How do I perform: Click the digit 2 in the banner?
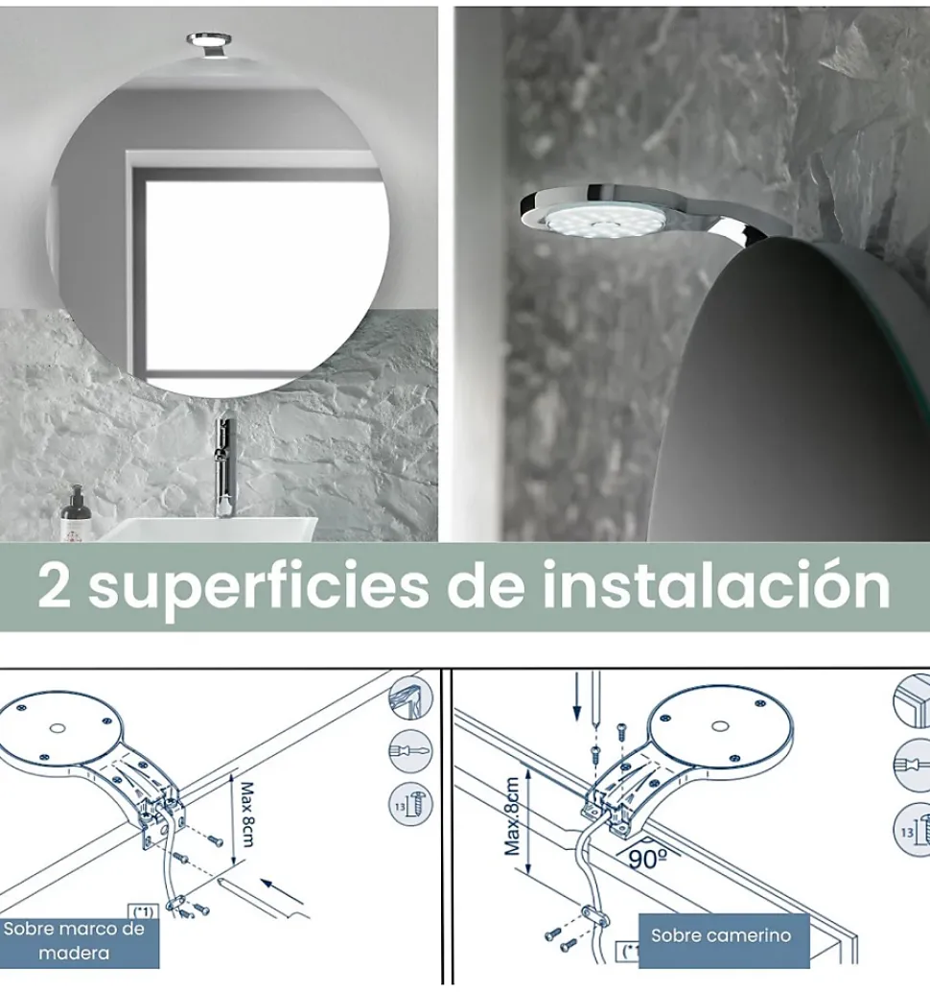click(x=54, y=586)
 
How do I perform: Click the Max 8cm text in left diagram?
click(x=245, y=815)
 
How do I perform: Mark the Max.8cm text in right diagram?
click(x=513, y=816)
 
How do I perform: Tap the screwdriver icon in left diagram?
click(x=410, y=751)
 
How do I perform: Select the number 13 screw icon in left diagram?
click(x=410, y=804)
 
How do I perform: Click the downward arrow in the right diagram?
click(x=576, y=696)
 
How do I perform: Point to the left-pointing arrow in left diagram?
click(x=283, y=890)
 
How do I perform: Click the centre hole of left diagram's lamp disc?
click(x=58, y=728)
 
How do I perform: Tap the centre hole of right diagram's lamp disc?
click(x=719, y=726)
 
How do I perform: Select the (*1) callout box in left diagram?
click(x=143, y=911)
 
